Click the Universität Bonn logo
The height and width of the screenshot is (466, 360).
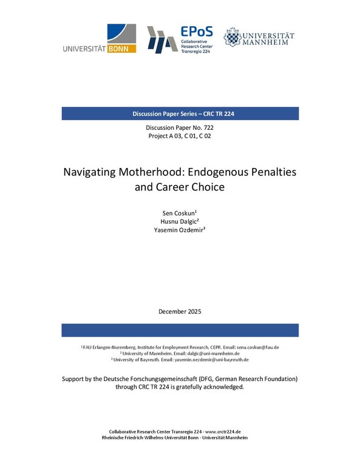[x=100, y=39]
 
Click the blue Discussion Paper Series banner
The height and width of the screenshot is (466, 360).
[x=180, y=114]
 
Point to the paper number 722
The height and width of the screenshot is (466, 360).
[x=206, y=129]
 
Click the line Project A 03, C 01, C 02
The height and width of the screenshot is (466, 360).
[x=180, y=137]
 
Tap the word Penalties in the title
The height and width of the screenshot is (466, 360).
[x=272, y=172]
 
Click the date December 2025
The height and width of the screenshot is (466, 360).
[x=180, y=311]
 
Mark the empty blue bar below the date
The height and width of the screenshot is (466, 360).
[x=180, y=330]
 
